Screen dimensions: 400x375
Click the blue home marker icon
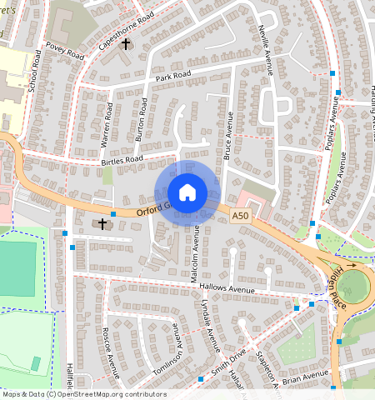187,192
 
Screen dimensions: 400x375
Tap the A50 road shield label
241,216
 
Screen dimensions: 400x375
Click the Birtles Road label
122,159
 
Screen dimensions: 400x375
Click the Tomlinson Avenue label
176,346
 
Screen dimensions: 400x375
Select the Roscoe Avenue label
105,350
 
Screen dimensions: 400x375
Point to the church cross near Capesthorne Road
127,43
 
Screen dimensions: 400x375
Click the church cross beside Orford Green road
103,223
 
